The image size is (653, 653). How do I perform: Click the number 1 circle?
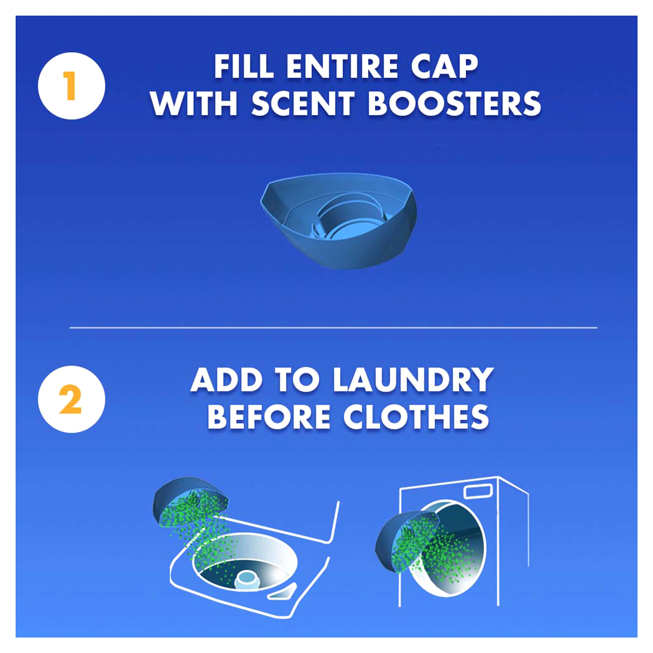click(71, 86)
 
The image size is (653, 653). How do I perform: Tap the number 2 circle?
click(71, 399)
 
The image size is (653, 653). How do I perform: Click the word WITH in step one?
click(194, 104)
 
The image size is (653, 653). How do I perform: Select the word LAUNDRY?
click(413, 380)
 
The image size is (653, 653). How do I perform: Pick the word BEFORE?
click(269, 417)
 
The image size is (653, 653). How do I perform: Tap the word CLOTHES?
click(416, 417)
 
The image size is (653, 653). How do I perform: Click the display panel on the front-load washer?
click(478, 491)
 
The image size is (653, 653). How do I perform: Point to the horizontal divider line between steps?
click(333, 327)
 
